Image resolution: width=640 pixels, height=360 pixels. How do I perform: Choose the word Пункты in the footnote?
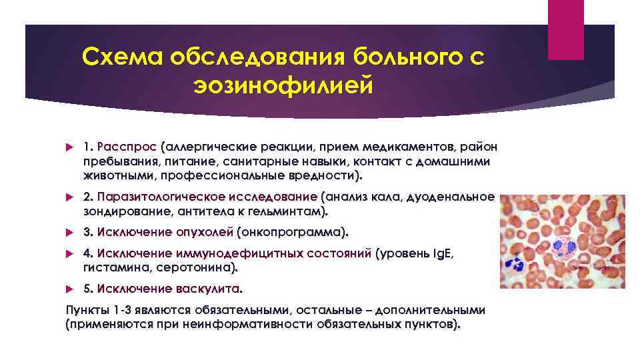click(87, 311)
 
